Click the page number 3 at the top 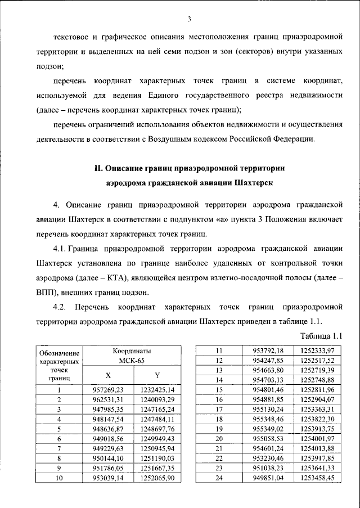click(x=190, y=20)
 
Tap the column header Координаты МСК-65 click(x=131, y=355)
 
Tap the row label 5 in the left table click(x=59, y=428)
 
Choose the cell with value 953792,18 click(x=268, y=350)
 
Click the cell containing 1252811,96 click(x=317, y=389)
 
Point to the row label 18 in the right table click(x=220, y=419)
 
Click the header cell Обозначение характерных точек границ click(x=58, y=365)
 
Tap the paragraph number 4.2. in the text click(x=60, y=307)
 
